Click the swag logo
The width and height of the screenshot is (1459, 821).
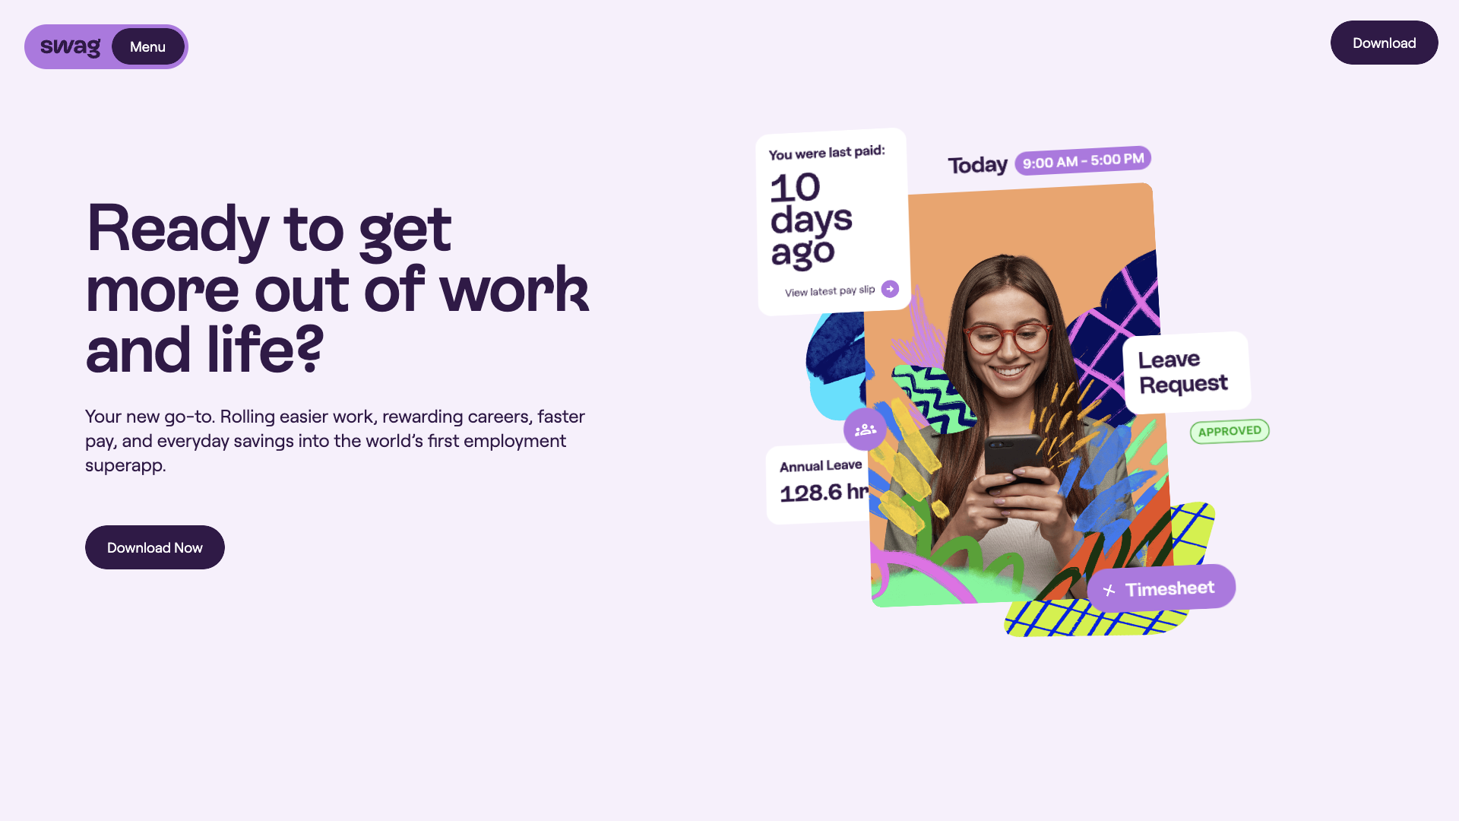(x=70, y=47)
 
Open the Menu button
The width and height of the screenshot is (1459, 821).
(x=147, y=46)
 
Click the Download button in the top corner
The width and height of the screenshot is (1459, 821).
(x=1384, y=43)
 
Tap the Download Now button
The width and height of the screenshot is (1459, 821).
(x=155, y=547)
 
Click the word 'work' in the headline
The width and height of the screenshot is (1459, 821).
(x=514, y=289)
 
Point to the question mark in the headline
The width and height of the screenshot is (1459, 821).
(x=309, y=348)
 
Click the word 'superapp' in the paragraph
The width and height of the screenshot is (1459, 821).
(x=123, y=465)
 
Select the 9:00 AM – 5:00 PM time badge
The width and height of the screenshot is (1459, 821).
(x=1083, y=160)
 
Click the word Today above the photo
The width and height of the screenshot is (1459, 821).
(x=977, y=165)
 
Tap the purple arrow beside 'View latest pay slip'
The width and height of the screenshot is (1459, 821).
(x=890, y=289)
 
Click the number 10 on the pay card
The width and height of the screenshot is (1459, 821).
(x=795, y=188)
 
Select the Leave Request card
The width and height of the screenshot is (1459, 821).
(x=1186, y=372)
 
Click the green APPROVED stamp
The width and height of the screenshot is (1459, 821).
(x=1230, y=431)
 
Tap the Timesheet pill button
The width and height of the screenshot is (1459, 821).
(x=1161, y=588)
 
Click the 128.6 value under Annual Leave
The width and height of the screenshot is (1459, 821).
(x=811, y=493)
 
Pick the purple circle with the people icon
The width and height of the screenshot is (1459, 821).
(x=865, y=430)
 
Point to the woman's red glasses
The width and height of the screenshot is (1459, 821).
(x=1008, y=338)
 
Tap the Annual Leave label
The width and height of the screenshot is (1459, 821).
(x=821, y=465)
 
